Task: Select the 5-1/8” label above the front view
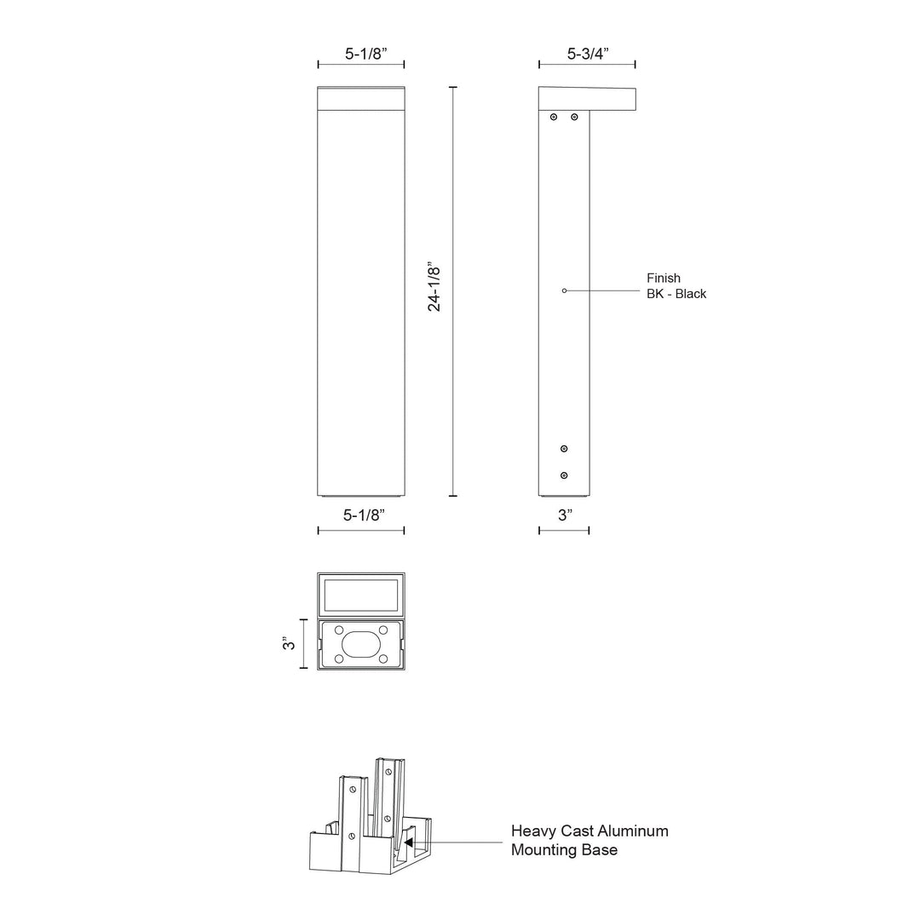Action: click(360, 53)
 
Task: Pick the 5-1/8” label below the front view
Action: click(360, 515)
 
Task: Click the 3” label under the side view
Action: click(564, 515)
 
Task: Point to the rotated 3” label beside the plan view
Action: click(290, 644)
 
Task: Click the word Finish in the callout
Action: click(664, 279)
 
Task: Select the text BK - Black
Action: click(676, 294)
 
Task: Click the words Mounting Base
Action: click(565, 849)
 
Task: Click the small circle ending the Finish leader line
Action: click(564, 291)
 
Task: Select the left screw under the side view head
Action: click(554, 117)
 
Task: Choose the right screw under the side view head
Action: click(574, 117)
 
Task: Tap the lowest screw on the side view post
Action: click(564, 475)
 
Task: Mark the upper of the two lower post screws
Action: click(564, 448)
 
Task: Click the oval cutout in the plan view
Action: click(361, 644)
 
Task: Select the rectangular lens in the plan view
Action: click(361, 595)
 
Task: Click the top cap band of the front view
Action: click(361, 99)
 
